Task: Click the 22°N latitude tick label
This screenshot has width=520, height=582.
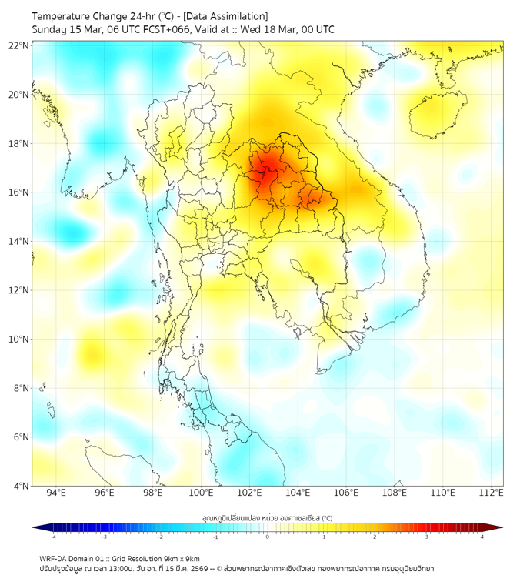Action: coord(19,46)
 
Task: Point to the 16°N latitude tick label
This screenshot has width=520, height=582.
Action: coord(19,192)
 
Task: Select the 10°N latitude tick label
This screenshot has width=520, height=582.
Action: coord(19,339)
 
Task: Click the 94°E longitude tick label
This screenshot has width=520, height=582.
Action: coord(56,493)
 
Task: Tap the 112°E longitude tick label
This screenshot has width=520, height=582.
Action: coord(492,493)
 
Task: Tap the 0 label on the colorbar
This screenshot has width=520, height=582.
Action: coord(268,537)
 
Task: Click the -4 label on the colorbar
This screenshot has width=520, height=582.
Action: coord(53,537)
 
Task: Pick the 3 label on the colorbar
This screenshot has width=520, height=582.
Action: coord(428,537)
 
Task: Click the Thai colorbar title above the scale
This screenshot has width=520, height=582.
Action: coord(267,518)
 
